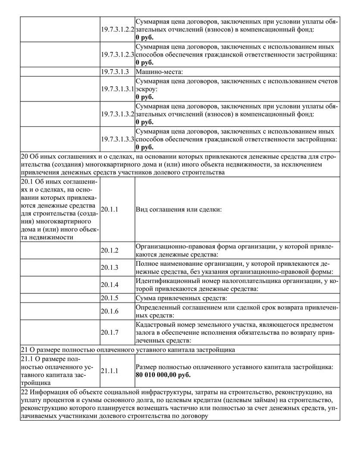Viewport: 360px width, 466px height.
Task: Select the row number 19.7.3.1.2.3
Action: click(x=117, y=55)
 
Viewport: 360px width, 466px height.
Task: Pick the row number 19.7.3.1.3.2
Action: click(x=117, y=114)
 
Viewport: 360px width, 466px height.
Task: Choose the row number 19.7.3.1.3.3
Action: click(x=117, y=139)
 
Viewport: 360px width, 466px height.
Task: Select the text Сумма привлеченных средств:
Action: click(x=182, y=298)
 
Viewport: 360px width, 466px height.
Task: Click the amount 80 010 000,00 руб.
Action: click(x=163, y=375)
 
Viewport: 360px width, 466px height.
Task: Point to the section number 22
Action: click(x=24, y=392)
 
